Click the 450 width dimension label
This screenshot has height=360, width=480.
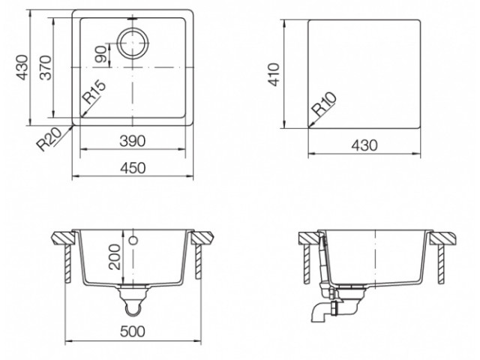click(x=133, y=168)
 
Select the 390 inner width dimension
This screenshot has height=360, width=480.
click(x=132, y=142)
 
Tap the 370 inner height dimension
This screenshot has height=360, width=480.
click(x=46, y=67)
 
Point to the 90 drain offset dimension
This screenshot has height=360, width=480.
click(x=101, y=54)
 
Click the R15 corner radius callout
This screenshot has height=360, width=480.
click(x=94, y=92)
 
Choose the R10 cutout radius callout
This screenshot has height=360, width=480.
click(x=324, y=104)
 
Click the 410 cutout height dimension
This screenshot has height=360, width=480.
click(x=273, y=74)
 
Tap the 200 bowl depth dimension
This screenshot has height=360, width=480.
click(x=115, y=256)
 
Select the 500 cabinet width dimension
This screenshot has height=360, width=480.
click(x=133, y=331)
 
